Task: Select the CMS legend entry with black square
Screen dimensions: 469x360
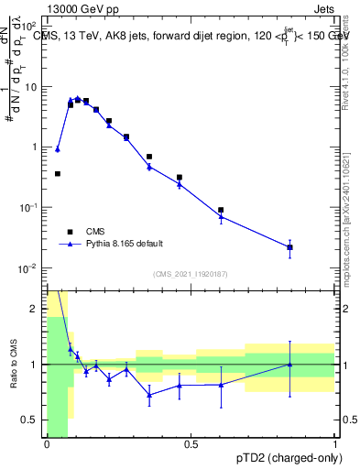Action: [71, 231]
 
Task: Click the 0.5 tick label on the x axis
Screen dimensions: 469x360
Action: [191, 445]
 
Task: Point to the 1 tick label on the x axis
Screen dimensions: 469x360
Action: [335, 445]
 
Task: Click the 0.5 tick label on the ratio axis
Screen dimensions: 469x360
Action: [33, 420]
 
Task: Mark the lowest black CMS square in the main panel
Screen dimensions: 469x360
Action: [289, 247]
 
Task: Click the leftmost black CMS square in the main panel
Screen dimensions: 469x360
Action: [57, 173]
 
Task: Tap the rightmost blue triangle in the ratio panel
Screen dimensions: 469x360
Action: [289, 365]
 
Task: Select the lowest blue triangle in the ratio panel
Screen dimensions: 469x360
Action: [149, 395]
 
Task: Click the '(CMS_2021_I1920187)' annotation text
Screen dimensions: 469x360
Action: [190, 274]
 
